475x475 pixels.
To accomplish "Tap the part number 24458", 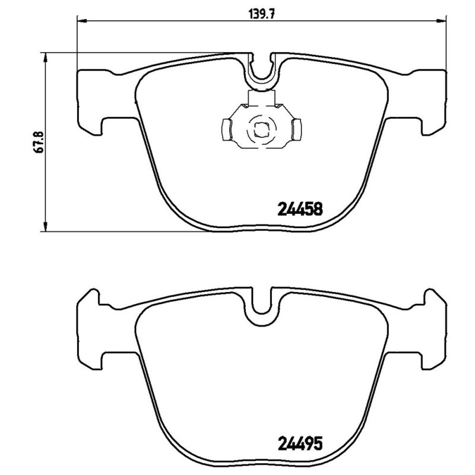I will pos(300,209).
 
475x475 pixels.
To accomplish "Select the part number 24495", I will pos(300,443).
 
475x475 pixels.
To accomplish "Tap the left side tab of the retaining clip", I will pos(226,128).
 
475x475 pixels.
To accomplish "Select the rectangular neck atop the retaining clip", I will pos(261,99).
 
